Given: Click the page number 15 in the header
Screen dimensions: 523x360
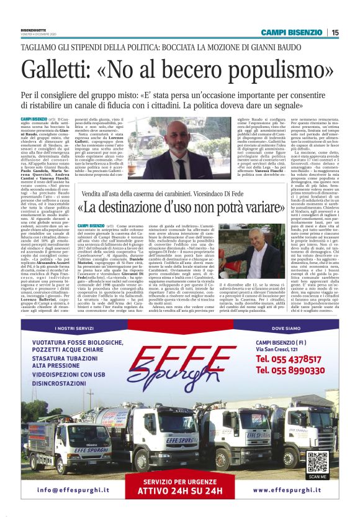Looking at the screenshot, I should [335, 32].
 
